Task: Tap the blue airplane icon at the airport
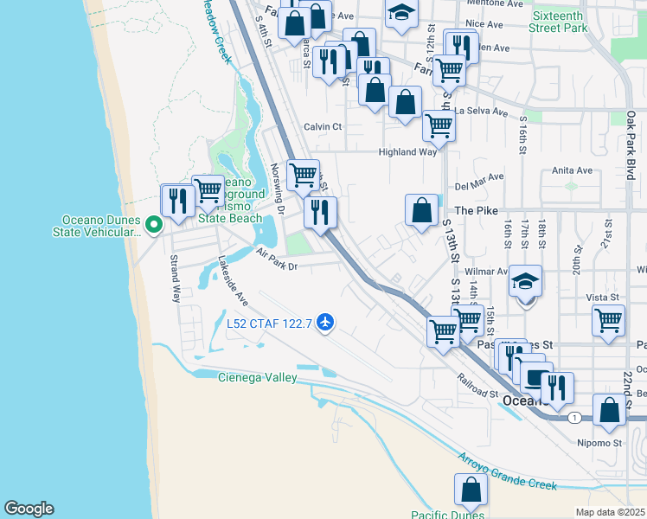[x=325, y=324]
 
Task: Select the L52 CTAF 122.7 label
[x=270, y=324]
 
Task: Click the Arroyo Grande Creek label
[x=507, y=472]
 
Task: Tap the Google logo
[x=29, y=509]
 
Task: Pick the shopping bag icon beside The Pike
[x=421, y=210]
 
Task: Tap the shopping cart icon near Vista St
[x=609, y=320]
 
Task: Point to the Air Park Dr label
[x=277, y=260]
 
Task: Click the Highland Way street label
[x=407, y=152]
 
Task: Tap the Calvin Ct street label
[x=323, y=126]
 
